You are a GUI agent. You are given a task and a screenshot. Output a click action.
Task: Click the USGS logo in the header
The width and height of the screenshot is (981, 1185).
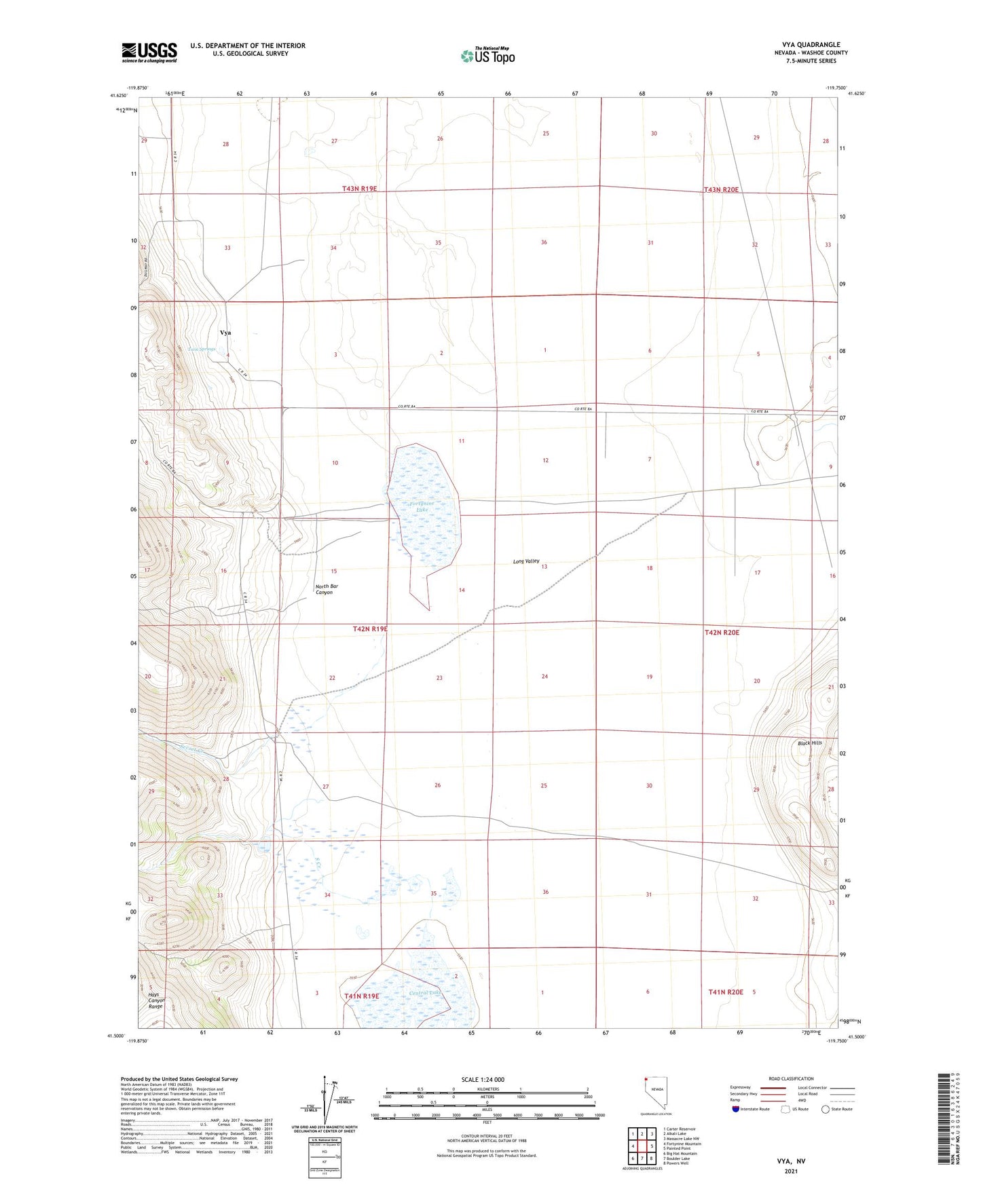click(149, 53)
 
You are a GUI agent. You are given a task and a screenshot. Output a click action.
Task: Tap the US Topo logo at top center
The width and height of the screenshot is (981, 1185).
click(487, 56)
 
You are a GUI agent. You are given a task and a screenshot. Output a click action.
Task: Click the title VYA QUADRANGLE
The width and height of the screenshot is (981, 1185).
click(811, 45)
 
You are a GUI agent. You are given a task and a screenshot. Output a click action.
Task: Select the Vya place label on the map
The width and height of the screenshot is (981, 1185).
click(225, 333)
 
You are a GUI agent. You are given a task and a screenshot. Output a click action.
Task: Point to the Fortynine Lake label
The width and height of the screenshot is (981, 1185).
click(422, 506)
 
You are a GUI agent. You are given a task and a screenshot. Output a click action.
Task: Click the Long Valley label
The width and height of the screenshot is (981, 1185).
click(526, 561)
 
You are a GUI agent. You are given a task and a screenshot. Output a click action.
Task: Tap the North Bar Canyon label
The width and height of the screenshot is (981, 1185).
click(326, 589)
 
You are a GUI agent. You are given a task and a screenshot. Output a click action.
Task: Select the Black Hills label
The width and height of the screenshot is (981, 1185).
click(810, 743)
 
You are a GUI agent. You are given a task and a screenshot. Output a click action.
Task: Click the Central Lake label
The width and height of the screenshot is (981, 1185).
click(426, 993)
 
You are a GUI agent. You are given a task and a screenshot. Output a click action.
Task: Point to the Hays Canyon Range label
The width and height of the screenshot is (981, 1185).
click(156, 1000)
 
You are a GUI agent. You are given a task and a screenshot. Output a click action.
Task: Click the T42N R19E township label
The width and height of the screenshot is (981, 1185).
click(370, 629)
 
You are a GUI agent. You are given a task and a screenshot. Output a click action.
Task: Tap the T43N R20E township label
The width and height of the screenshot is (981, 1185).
click(721, 190)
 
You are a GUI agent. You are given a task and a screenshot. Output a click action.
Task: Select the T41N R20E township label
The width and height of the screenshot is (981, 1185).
click(726, 992)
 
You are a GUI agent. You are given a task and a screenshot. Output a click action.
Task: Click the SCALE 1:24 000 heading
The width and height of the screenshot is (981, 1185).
click(483, 1080)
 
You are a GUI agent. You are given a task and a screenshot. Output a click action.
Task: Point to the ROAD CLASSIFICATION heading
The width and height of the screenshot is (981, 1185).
click(791, 1078)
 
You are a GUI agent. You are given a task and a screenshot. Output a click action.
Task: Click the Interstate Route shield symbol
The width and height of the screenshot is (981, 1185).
click(736, 1109)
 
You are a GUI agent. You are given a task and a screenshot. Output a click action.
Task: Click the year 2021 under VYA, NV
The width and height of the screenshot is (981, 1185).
click(791, 1171)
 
